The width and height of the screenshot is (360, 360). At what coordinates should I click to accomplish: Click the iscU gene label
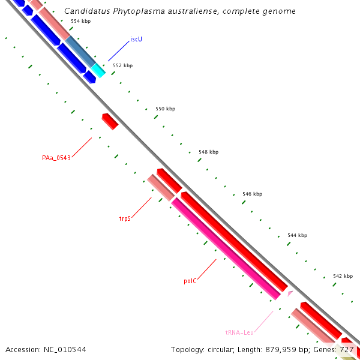pos(136,40)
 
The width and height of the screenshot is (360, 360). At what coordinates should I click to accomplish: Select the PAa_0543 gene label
pos(56,158)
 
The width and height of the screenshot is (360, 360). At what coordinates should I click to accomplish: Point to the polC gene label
pos(190,280)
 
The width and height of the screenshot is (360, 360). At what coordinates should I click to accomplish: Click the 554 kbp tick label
pos(80,21)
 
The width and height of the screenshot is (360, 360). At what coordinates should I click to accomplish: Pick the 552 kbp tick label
pos(122,65)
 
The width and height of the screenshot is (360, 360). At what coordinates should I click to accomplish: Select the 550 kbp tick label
pos(165,109)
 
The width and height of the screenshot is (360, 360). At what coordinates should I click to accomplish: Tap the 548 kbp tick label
pos(208,152)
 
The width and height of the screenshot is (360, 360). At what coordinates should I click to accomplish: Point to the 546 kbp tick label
pos(252,194)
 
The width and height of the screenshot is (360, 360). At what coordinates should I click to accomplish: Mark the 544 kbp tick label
pos(297,235)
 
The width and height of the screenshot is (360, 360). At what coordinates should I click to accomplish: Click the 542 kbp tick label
pos(343,276)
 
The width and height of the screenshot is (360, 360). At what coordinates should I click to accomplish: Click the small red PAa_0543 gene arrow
pos(110,121)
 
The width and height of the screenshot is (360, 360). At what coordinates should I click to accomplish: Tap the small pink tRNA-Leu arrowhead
pos(290,293)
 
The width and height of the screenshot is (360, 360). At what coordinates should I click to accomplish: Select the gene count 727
pos(346,349)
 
